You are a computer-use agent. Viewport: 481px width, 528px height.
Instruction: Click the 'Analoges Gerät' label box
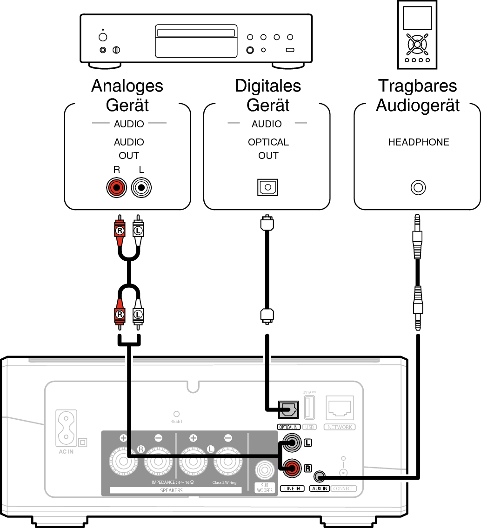(x=127, y=95)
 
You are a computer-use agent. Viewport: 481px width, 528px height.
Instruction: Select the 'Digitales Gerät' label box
(x=267, y=95)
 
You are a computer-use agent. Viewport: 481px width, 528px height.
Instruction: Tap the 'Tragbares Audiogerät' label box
(x=417, y=95)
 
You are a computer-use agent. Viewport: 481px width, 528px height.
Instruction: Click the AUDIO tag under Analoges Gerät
(x=129, y=124)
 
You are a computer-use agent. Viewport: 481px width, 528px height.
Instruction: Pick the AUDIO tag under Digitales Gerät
(x=267, y=124)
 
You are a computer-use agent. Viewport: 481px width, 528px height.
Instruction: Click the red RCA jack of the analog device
(x=116, y=188)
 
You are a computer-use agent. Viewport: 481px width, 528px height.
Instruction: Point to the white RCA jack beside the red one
(x=141, y=188)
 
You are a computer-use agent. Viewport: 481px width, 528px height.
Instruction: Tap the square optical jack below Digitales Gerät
(x=267, y=187)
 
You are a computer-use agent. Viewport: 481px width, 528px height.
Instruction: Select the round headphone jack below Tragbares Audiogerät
(x=418, y=188)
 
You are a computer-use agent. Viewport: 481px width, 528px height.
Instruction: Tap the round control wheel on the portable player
(x=417, y=44)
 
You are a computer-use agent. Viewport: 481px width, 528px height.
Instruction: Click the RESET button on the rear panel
(x=176, y=414)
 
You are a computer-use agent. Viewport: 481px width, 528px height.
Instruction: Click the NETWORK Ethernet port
(x=340, y=408)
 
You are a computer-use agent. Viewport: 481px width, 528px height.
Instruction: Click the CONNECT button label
(x=343, y=488)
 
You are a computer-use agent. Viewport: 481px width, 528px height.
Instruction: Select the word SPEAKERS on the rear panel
(x=171, y=490)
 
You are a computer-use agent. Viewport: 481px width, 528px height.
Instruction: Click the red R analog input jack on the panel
(x=292, y=467)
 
